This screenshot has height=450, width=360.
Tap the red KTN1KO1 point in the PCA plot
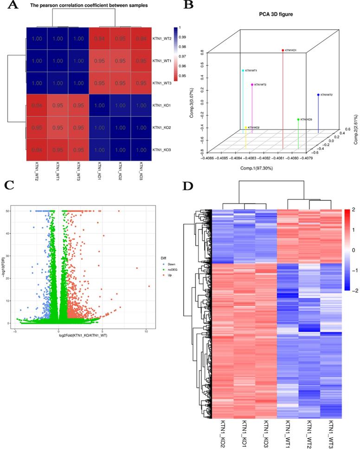coord(283,50)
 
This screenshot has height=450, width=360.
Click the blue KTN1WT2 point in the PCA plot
coord(318,95)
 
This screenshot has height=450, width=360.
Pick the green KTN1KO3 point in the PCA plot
coord(298,120)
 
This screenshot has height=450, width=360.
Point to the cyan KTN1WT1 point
coord(243,71)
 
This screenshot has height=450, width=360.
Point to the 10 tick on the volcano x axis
coord(146,331)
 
